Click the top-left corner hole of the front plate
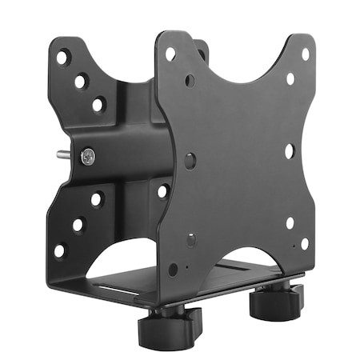click(170, 54)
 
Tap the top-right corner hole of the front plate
click(305, 54)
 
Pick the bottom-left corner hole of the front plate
click(173, 269)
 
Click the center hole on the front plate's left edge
click(190, 160)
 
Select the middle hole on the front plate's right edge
click(289, 149)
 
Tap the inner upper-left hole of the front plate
click(190, 80)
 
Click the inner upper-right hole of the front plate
click(290, 78)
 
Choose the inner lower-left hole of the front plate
click(191, 239)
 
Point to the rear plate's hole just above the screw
click(98, 104)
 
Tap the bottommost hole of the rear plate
click(60, 250)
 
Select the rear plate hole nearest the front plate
click(162, 191)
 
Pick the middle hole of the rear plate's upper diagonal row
click(80, 81)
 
